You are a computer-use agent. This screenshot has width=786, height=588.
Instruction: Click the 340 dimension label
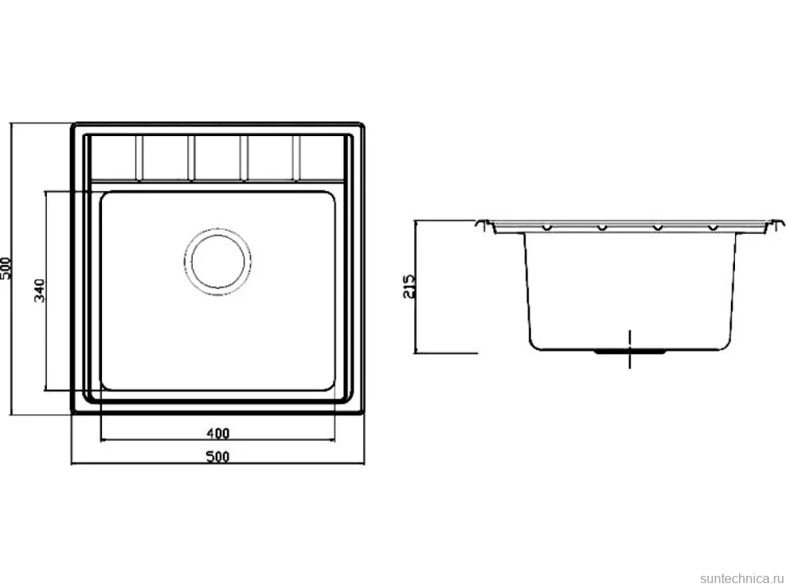point(40,291)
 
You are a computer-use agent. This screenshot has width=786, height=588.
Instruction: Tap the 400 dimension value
point(217,432)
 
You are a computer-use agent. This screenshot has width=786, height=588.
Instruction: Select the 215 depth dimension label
point(409,286)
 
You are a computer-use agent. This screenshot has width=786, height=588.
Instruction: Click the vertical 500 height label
point(5,269)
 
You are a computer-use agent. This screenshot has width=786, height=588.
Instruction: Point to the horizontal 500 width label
point(217,456)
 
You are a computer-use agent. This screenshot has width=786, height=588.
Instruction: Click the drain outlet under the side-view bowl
point(630,352)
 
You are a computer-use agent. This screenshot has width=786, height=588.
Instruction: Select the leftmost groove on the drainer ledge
point(139,157)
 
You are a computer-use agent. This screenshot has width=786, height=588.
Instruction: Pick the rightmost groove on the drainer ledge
point(297,157)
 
